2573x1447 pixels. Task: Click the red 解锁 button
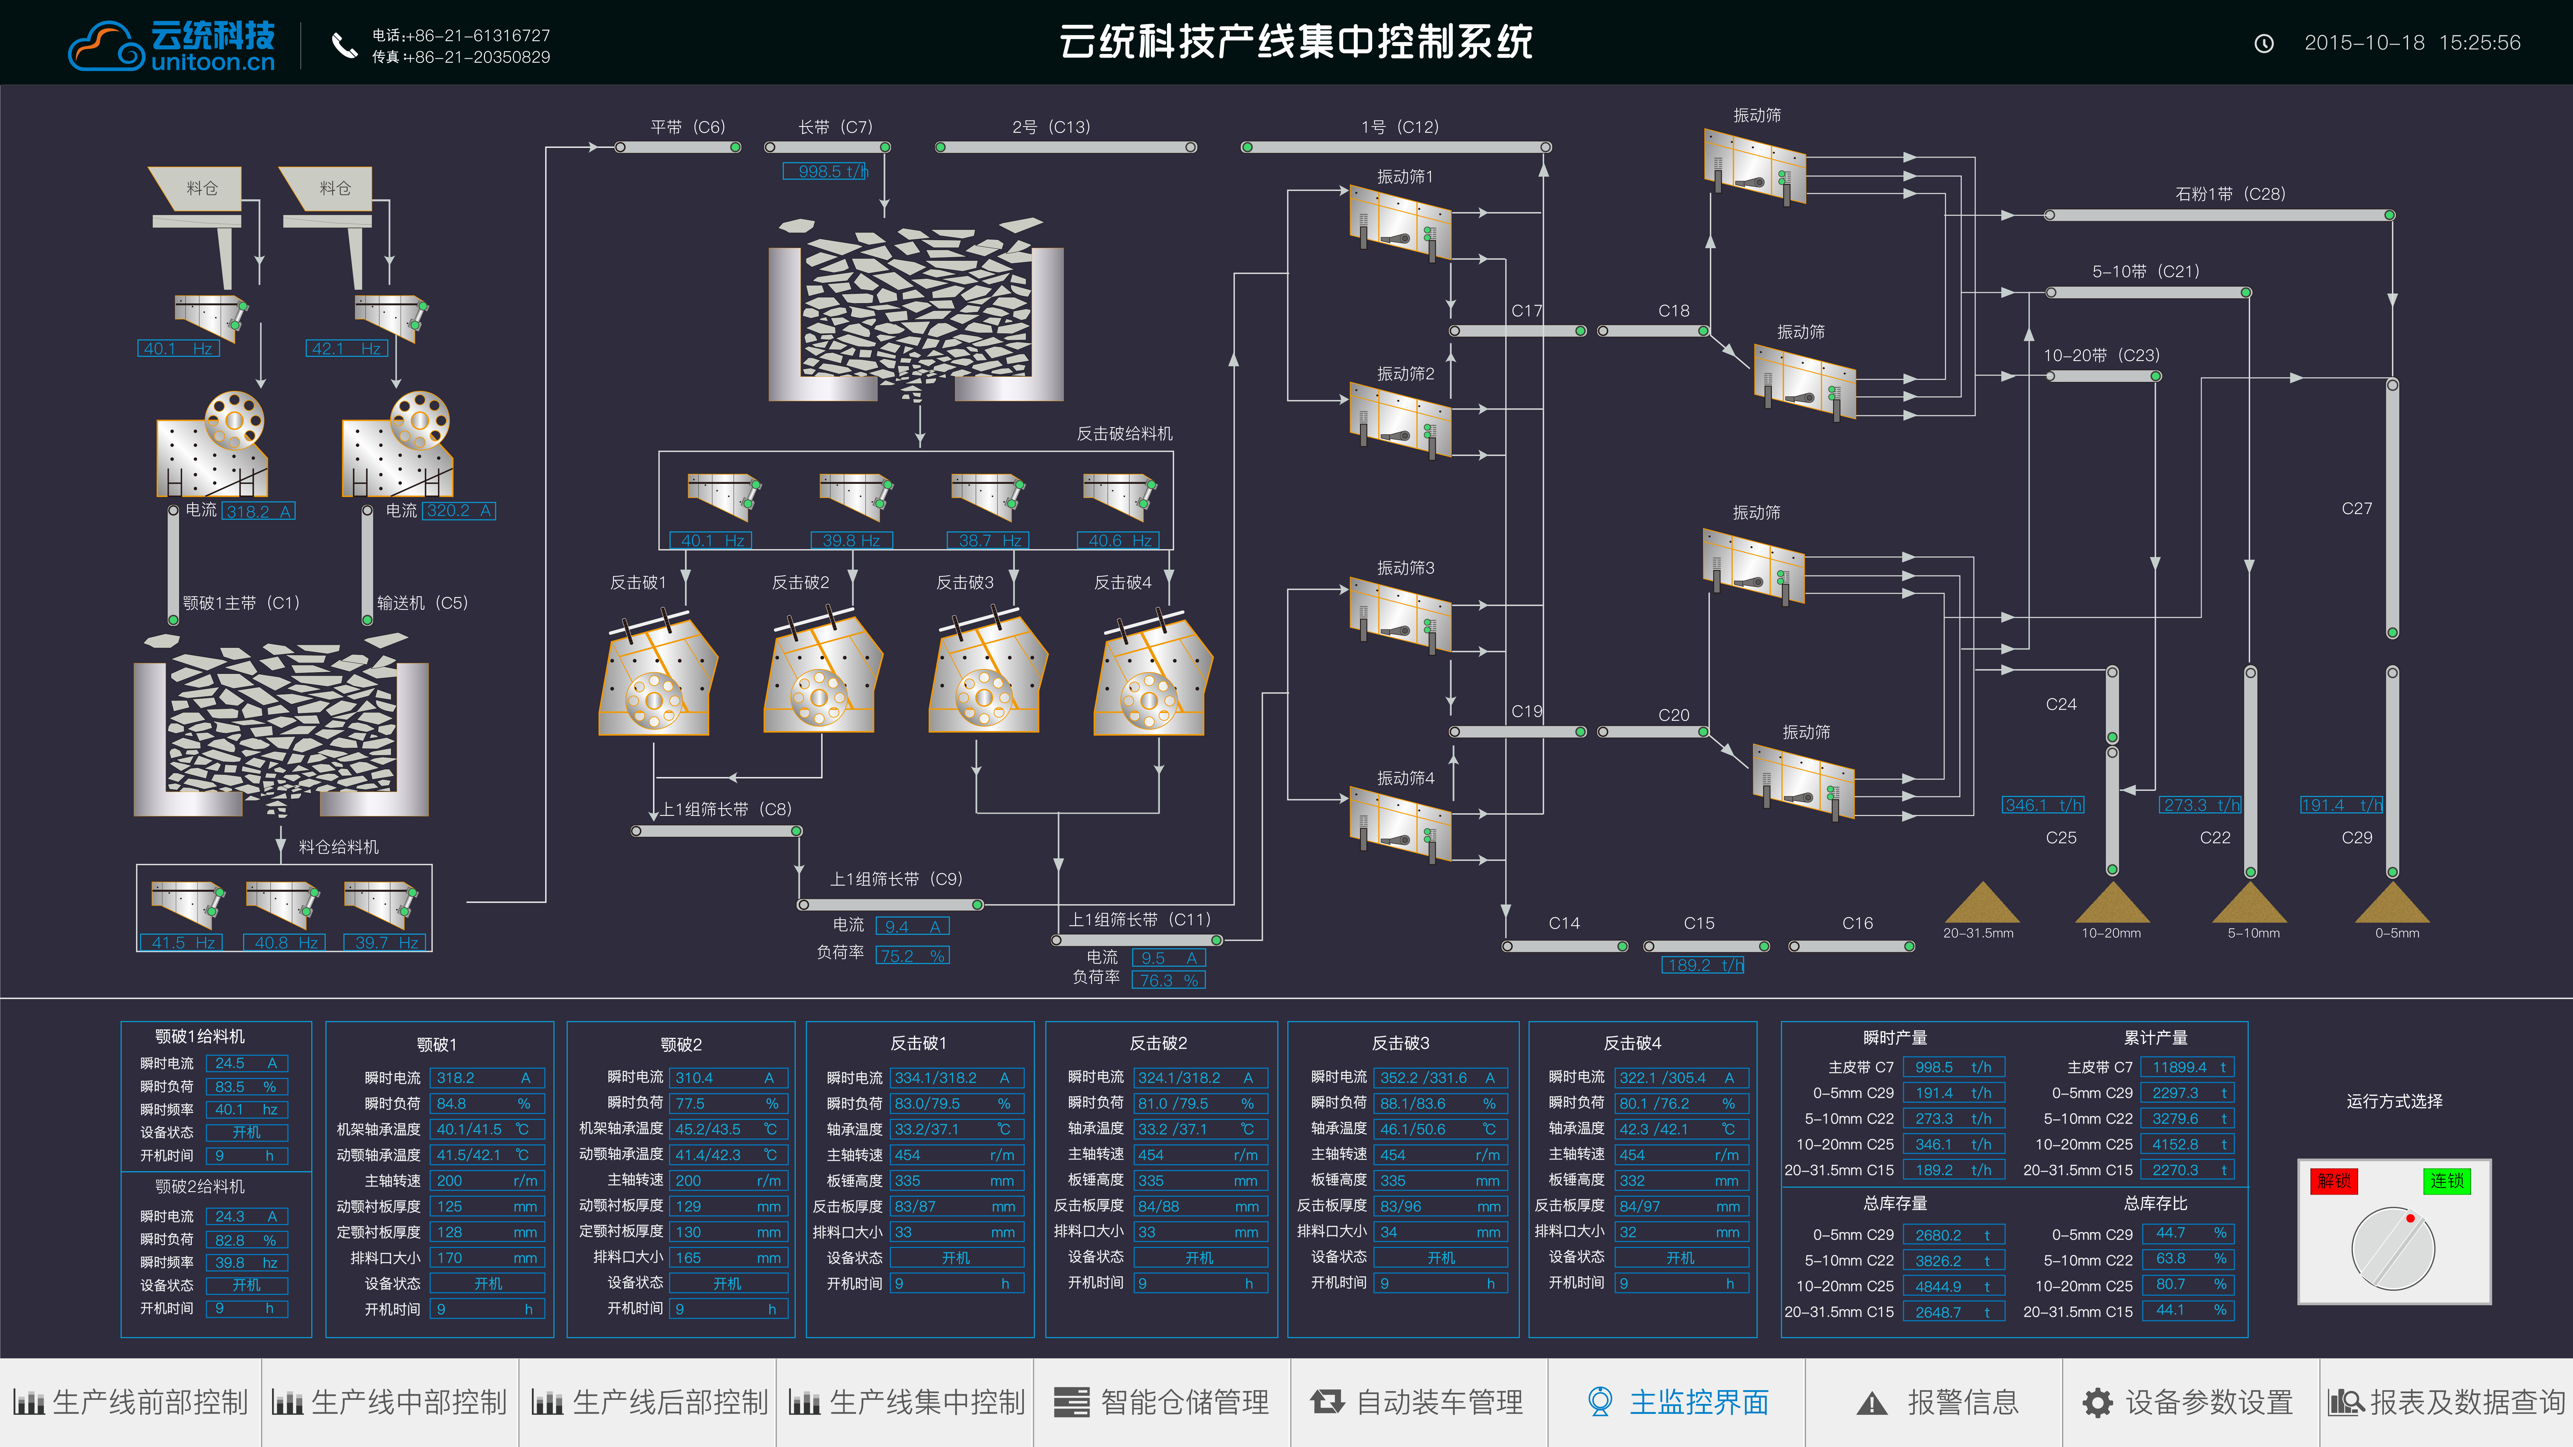pos(2333,1181)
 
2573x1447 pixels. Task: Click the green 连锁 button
pos(2446,1181)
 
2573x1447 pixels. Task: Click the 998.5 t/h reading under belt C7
pos(826,172)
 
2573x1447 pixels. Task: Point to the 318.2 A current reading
pos(258,511)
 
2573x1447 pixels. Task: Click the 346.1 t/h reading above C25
pos(2043,805)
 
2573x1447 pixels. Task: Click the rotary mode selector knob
pos(2393,1248)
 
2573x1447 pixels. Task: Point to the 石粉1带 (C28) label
pos(2231,194)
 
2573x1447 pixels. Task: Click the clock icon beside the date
pos(2264,43)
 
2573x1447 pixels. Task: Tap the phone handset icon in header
pos(345,45)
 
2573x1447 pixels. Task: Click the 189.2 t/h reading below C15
pos(1703,965)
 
